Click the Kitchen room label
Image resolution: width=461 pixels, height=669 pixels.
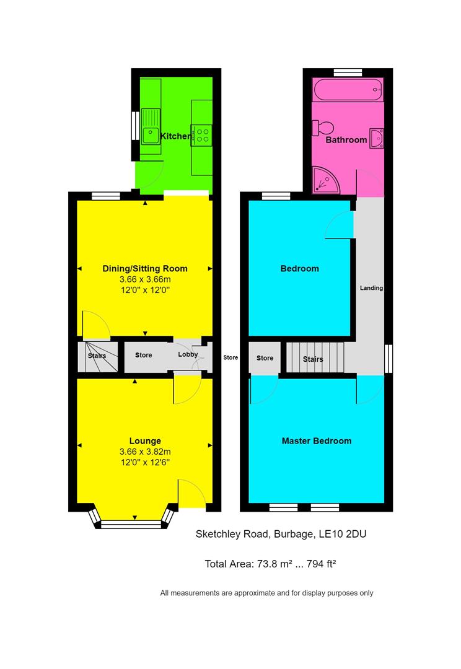(175, 136)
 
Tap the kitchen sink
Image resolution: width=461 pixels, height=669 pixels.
(150, 126)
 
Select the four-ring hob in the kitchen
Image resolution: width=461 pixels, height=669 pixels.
(203, 135)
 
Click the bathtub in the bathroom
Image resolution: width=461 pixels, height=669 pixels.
(348, 90)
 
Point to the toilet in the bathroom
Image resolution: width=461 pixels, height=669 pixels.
(323, 128)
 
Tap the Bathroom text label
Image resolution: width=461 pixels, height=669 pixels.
(346, 140)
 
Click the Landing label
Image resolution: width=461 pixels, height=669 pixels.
(372, 288)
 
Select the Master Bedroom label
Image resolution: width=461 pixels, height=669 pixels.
(316, 441)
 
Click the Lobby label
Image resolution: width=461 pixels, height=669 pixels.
(188, 355)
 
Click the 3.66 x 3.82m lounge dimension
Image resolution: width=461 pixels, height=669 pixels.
(144, 452)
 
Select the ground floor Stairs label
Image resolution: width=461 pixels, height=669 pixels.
(97, 356)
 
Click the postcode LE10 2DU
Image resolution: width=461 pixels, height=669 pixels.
(346, 533)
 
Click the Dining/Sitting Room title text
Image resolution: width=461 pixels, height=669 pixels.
(144, 268)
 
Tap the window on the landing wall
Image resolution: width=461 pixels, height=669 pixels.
(389, 359)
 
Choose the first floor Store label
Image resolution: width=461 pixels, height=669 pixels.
(265, 358)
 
